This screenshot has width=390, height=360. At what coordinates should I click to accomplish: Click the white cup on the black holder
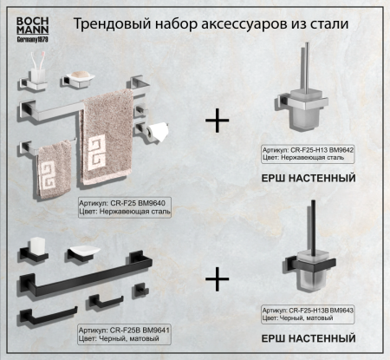point(36,246)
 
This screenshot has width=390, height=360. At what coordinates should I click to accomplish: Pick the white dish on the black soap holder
point(85,252)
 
